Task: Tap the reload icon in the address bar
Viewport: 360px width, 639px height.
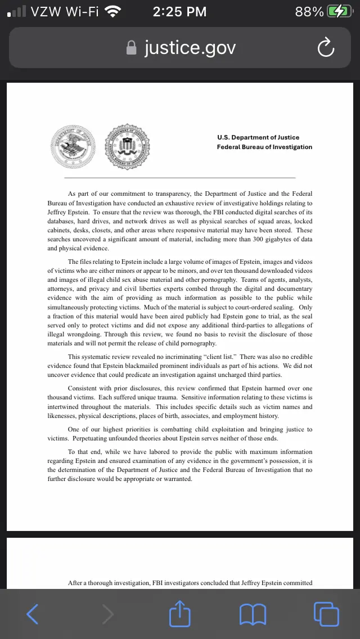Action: pos(326,48)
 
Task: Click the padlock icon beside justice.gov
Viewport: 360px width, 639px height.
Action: pos(132,48)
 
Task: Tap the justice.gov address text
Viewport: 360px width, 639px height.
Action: pos(190,48)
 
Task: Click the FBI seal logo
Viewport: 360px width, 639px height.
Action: pos(128,145)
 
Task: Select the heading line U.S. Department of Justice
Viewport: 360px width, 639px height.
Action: pos(258,137)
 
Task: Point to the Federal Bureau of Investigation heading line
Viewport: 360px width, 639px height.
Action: pos(264,147)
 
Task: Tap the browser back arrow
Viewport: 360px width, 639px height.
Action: pos(33,614)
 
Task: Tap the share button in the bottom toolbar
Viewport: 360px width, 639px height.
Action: pos(180,614)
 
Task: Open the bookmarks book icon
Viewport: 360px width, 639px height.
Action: pos(253,614)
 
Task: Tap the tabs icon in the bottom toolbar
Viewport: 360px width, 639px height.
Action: pos(326,614)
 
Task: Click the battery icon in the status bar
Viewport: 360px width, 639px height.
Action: pos(340,11)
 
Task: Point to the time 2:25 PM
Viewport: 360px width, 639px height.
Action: pos(179,11)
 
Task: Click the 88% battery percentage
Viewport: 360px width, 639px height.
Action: pos(309,11)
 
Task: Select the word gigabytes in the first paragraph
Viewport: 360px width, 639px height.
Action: pos(273,240)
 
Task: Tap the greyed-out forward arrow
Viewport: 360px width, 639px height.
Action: pos(107,614)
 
